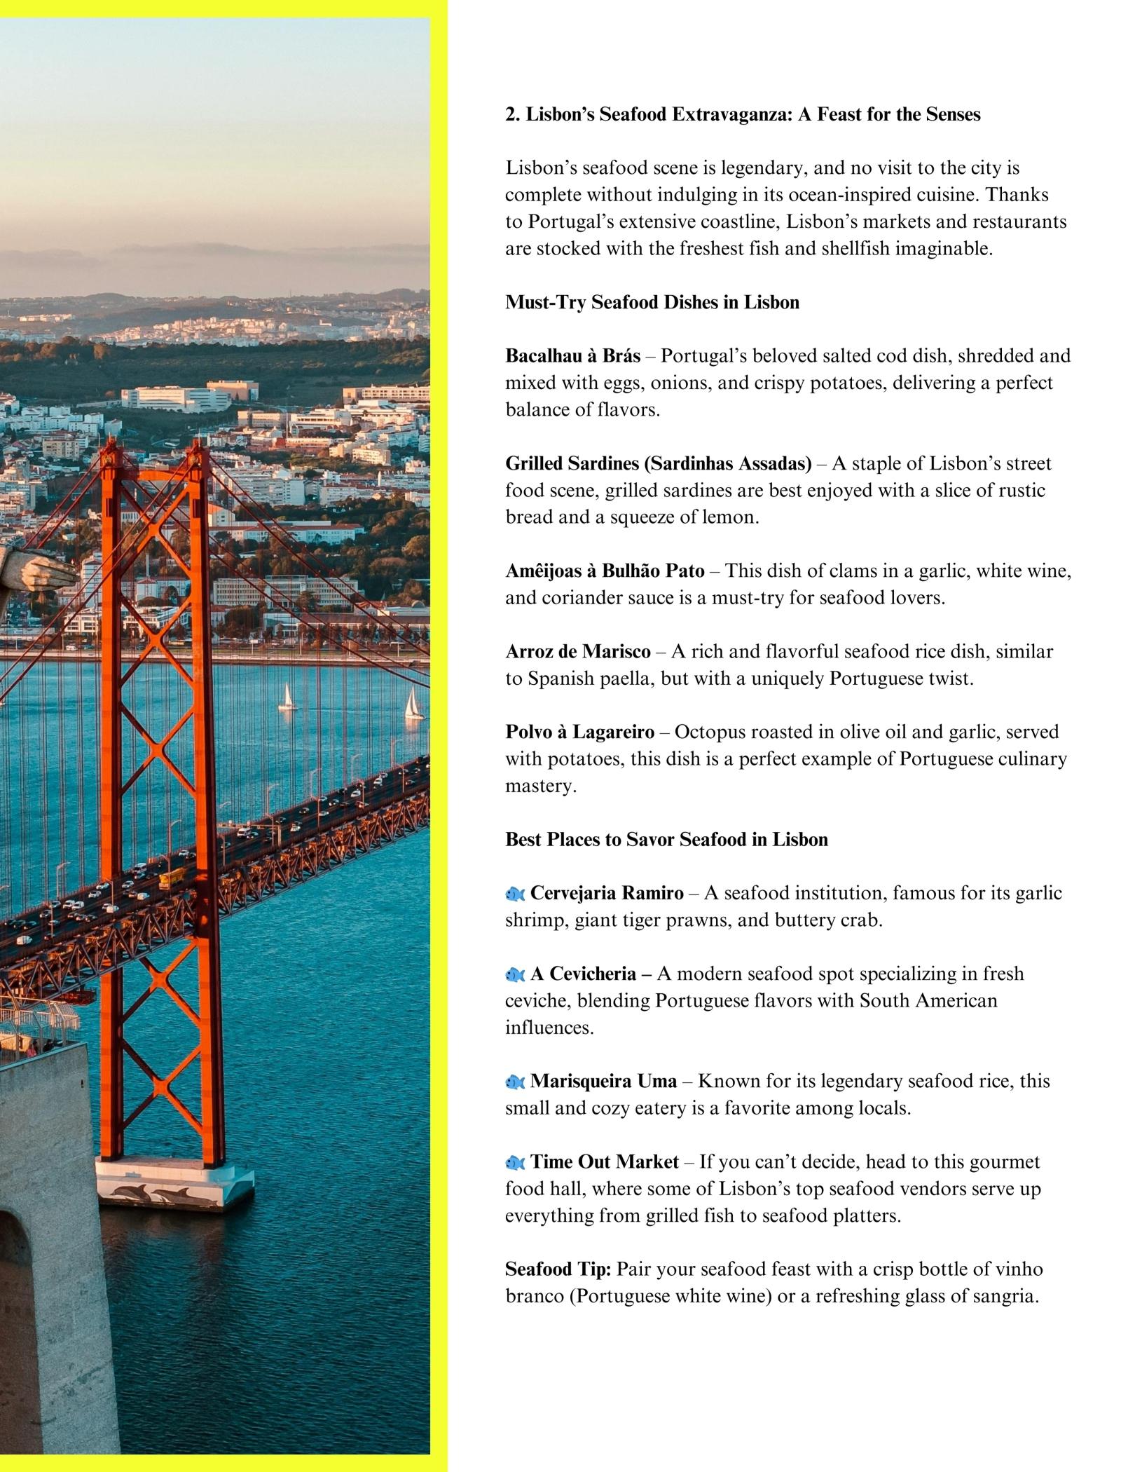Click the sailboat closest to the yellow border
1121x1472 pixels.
413,704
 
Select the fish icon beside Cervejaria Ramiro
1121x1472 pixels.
515,894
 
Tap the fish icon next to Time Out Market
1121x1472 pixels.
515,1163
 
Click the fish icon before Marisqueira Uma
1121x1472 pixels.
515,1082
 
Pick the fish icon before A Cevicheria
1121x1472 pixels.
515,974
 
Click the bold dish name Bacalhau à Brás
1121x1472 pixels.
572,356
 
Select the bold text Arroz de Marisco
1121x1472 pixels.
578,652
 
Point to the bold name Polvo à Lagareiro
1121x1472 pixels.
579,732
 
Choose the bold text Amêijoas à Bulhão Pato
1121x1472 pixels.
605,571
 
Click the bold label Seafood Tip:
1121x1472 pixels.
558,1269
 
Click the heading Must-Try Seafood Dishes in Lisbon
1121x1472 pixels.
652,303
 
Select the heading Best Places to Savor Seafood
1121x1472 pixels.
666,840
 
